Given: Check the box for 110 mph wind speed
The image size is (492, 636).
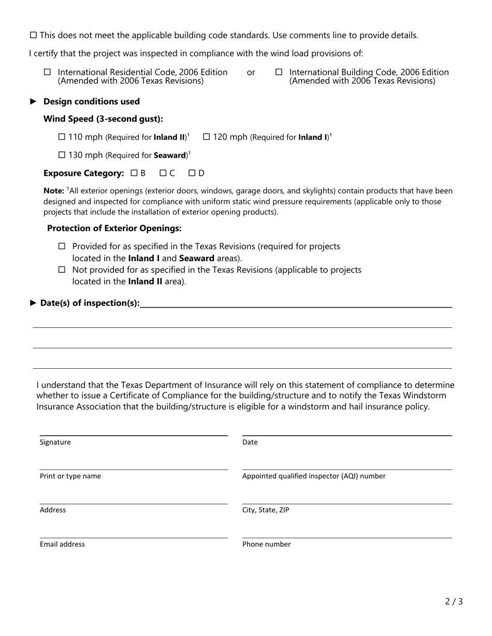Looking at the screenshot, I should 62,137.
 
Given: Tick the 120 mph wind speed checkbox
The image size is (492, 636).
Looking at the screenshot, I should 206,137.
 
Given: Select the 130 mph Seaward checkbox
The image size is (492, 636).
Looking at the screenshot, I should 62,155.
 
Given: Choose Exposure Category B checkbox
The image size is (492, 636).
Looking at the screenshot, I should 135,173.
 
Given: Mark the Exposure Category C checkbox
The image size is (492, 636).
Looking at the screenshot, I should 163,173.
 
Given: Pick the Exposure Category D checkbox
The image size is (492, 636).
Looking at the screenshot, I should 192,173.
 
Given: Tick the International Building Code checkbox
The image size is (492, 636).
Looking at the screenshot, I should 279,72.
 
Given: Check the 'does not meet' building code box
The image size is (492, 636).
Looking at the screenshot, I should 34,35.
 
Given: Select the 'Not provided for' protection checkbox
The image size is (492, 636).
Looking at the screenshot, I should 62,269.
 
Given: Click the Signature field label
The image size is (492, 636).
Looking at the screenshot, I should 55,442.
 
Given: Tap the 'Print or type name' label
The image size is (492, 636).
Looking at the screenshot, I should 70,476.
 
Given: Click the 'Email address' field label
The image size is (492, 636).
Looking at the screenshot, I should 62,544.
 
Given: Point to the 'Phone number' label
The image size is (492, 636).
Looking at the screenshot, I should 266,544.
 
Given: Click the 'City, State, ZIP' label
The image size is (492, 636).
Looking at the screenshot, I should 266,510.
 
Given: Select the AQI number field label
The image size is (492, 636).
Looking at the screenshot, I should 314,476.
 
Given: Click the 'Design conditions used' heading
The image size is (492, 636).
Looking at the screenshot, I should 92,101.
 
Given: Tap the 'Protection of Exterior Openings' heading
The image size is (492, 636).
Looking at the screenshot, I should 114,228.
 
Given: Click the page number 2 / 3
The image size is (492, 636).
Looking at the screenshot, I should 454,601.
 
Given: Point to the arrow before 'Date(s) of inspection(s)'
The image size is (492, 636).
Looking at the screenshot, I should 34,303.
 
